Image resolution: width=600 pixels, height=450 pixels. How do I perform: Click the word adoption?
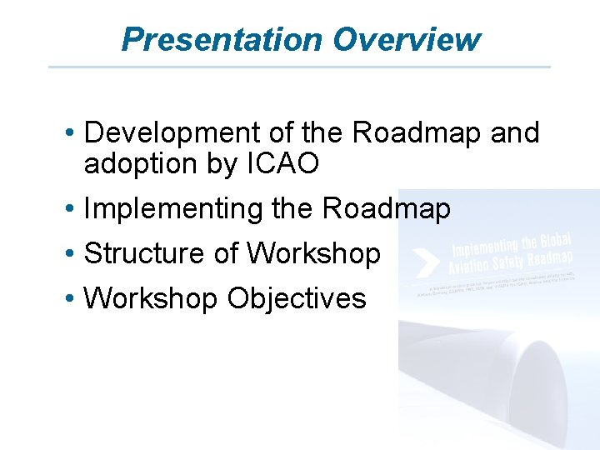pos(138,164)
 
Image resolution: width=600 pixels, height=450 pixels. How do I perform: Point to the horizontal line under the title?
pos(299,67)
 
